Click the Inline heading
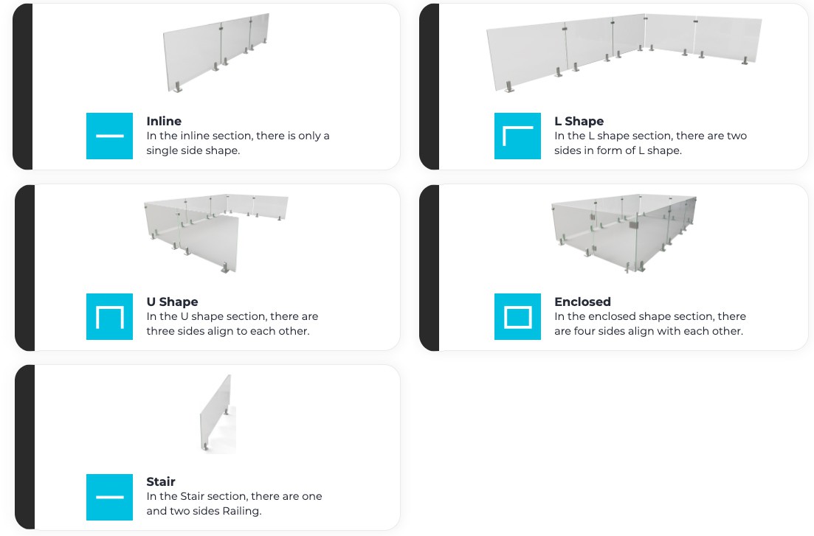[164, 121]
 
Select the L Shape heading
[579, 121]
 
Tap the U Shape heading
[172, 302]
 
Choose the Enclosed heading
[582, 302]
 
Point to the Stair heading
[160, 481]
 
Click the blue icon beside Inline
[109, 136]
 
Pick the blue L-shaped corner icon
[517, 136]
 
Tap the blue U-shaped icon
[109, 316]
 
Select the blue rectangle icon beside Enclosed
[517, 316]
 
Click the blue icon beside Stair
[109, 497]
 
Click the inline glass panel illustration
[216, 53]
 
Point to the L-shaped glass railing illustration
[624, 53]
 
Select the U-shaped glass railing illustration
[216, 234]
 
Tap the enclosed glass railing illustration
[624, 234]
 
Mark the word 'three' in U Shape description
[160, 331]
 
